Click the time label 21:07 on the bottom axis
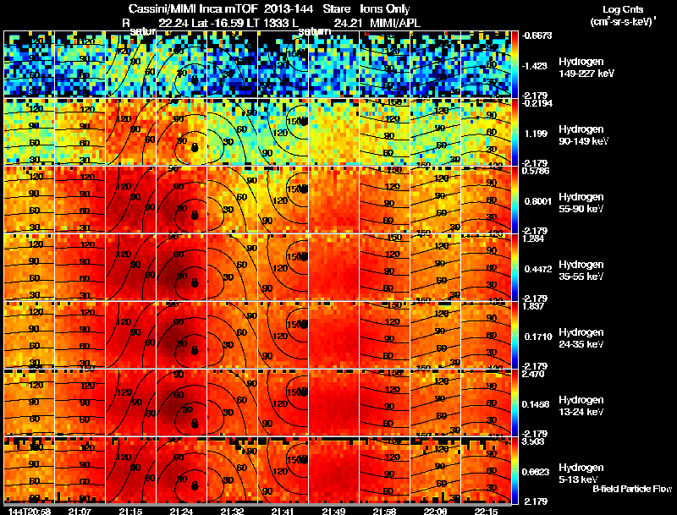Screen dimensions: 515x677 [x=80, y=511]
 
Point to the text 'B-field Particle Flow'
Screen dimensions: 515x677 [x=632, y=489]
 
